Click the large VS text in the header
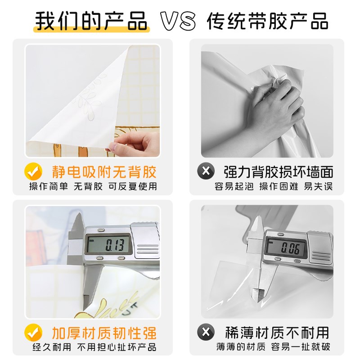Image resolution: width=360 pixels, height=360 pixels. click(178, 21)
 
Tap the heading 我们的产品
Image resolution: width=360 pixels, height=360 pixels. click(91, 21)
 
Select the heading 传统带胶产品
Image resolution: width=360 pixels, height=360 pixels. click(267, 21)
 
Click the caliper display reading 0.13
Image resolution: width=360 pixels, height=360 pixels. click(110, 245)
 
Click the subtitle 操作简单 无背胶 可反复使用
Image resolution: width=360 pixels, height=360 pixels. click(93, 186)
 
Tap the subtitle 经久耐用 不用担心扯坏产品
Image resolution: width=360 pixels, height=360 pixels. click(93, 347)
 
